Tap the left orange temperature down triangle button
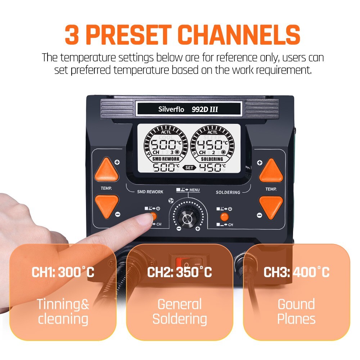[x=107, y=206]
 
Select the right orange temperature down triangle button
[x=271, y=206]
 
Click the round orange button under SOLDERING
[x=224, y=216]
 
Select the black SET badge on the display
[x=189, y=167]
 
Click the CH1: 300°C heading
[x=63, y=272]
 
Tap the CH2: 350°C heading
[x=179, y=272]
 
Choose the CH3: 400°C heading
[x=296, y=272]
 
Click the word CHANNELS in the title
[x=239, y=35]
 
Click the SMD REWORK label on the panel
[x=150, y=192]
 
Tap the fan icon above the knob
[x=171, y=200]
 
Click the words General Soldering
[x=179, y=312]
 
